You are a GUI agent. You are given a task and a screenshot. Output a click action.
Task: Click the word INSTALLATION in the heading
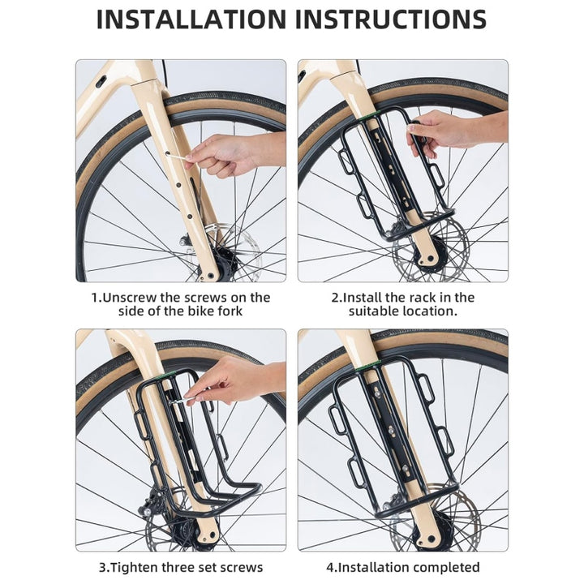(x=191, y=19)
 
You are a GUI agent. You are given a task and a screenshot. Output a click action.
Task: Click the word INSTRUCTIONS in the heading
(x=389, y=19)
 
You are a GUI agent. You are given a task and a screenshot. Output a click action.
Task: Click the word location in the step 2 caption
(x=428, y=311)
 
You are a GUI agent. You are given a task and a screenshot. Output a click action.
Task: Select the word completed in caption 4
(x=441, y=567)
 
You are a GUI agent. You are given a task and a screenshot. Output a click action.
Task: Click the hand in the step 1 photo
(x=227, y=154)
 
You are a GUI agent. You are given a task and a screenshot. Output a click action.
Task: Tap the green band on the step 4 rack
(x=377, y=363)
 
